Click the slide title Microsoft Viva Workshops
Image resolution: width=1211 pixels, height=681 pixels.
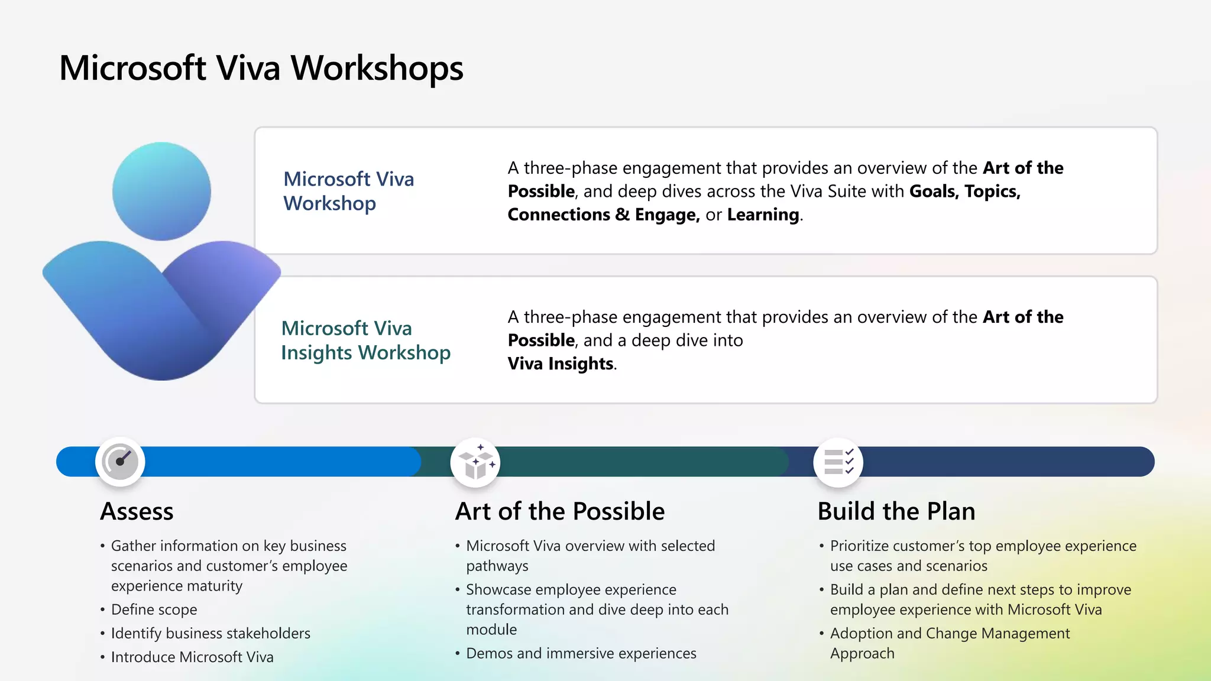tap(261, 68)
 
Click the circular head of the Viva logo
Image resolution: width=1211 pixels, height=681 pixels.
tap(161, 191)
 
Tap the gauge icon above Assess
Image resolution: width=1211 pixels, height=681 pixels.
tap(120, 462)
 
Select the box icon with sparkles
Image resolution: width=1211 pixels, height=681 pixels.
tap(475, 463)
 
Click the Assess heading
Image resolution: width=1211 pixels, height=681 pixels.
tap(137, 511)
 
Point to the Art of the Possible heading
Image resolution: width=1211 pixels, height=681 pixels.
tap(559, 511)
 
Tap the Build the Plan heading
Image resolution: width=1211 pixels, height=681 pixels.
tap(896, 511)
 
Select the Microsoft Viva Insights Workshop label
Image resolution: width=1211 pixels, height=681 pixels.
tap(365, 340)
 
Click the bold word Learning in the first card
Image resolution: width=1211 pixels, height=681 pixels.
tap(763, 215)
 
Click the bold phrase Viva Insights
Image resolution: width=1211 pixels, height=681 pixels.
tap(560, 364)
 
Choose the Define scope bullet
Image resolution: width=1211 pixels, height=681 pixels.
tap(154, 609)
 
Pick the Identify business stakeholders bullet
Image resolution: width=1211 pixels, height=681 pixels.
tap(210, 633)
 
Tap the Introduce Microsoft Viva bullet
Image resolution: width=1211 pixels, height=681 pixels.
tap(192, 657)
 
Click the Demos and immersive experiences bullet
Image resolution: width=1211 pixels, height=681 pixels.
tap(581, 653)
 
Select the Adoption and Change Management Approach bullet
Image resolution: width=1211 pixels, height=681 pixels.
tap(949, 643)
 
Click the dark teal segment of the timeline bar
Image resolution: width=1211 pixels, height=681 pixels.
tap(639, 462)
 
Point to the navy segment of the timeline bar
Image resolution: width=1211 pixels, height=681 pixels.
tap(1005, 462)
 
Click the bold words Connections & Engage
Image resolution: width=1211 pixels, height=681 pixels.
tap(603, 215)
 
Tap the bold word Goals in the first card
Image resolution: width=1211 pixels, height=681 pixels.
tap(932, 192)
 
